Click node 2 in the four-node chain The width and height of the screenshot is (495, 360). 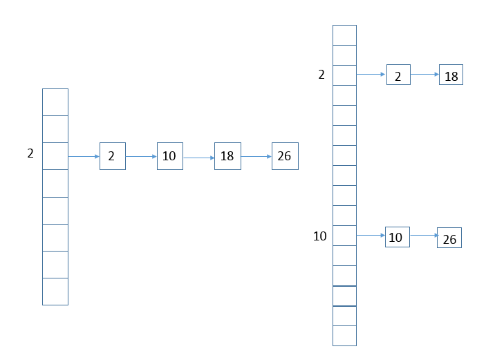point(113,156)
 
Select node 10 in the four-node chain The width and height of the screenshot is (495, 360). point(170,156)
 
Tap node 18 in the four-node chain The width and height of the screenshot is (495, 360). point(227,156)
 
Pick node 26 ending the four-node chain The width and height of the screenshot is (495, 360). point(285,156)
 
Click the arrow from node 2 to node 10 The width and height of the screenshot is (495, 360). point(142,156)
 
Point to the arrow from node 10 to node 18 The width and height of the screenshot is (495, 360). point(199,158)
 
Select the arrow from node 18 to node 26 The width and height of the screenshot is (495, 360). point(256,156)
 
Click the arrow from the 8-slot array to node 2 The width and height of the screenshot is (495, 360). point(84,156)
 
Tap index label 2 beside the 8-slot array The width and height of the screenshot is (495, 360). point(30,153)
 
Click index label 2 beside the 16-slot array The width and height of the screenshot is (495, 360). point(321,75)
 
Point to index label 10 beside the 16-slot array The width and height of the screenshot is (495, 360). point(320,236)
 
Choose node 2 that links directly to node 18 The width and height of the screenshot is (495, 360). point(398,75)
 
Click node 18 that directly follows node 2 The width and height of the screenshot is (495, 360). point(451,75)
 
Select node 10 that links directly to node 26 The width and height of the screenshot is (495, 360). point(398,237)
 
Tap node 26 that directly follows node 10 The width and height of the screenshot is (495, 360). point(449,238)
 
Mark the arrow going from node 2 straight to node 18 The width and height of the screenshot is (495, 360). point(425,75)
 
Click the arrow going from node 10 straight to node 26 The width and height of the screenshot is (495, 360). point(424,236)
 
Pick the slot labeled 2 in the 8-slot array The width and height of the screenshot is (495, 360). point(55,156)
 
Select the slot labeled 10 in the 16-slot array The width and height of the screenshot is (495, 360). point(345,236)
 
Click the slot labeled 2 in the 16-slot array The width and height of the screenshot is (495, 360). point(345,75)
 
